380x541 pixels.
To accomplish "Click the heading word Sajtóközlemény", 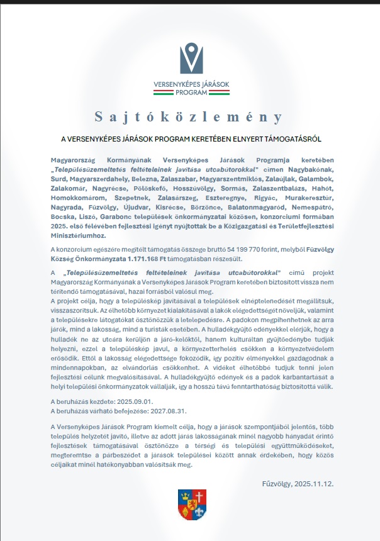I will [x=189, y=117].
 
